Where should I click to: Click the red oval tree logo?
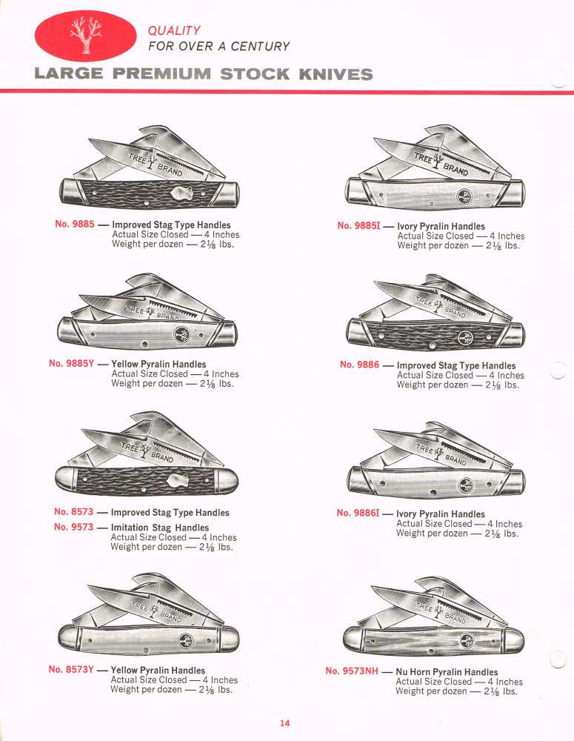point(85,36)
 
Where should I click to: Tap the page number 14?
point(285,724)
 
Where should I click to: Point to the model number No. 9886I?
point(358,513)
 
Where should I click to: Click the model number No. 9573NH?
point(352,671)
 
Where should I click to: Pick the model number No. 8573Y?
point(71,669)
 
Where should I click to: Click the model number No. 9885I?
point(358,226)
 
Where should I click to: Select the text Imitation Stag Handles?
point(159,528)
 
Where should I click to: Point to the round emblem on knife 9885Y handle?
point(181,335)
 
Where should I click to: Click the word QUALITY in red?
point(174,30)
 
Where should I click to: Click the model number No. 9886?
point(360,365)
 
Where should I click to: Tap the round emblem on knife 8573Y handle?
point(181,639)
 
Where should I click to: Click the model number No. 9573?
point(74,527)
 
